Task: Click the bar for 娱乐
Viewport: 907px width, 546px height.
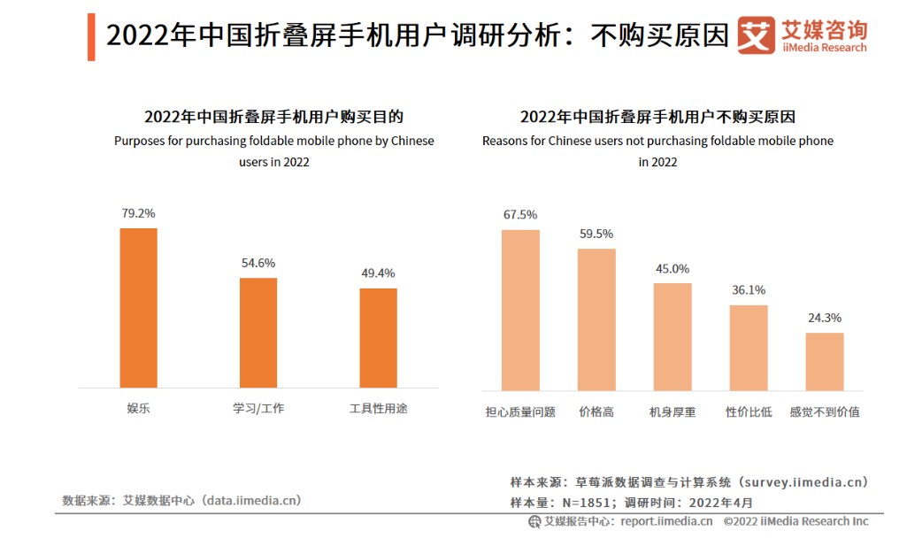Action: tap(138, 307)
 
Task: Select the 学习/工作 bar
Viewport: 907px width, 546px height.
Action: tap(258, 332)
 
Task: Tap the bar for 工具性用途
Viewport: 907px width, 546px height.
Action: tap(378, 337)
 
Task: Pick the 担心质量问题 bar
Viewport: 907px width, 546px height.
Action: tap(520, 310)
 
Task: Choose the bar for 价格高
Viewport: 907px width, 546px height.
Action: tap(596, 319)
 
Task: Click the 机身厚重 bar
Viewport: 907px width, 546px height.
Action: tap(673, 336)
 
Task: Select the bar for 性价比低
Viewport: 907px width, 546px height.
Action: tap(749, 347)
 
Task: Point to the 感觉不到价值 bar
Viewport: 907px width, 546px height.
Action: tap(825, 361)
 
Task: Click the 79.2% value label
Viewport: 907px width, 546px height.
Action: tap(139, 213)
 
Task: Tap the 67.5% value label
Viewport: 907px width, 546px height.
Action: tap(520, 214)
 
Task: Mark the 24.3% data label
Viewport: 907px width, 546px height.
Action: tap(825, 318)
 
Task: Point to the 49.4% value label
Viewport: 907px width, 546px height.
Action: tap(378, 273)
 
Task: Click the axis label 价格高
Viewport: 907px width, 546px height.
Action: tap(596, 412)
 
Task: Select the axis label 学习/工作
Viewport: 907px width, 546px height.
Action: tap(258, 409)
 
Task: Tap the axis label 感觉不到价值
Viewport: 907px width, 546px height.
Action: tap(825, 412)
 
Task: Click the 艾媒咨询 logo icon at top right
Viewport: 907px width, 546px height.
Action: tap(756, 35)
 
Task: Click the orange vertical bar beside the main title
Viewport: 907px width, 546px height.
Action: tap(91, 37)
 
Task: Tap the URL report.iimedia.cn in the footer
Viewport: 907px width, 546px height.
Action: tap(666, 521)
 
